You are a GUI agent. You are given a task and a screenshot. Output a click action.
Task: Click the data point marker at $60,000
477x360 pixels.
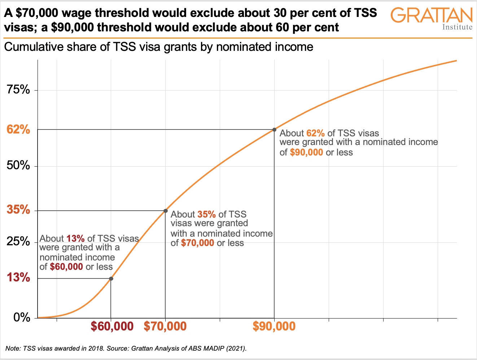click(x=111, y=278)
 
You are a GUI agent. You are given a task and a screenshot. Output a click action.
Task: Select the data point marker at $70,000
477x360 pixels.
click(x=166, y=211)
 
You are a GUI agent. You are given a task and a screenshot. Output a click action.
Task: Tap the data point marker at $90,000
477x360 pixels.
click(x=275, y=129)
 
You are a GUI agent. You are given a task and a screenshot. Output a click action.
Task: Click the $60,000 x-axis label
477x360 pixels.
click(x=112, y=326)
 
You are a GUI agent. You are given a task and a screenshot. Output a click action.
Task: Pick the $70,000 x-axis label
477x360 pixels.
click(x=165, y=326)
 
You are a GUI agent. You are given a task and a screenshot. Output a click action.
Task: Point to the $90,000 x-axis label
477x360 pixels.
click(x=274, y=326)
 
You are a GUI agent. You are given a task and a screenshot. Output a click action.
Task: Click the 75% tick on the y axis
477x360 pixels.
click(x=18, y=90)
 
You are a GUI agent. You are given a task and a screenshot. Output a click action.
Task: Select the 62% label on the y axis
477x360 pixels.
click(x=18, y=129)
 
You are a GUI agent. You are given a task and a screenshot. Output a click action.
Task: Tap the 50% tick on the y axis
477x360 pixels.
click(x=18, y=166)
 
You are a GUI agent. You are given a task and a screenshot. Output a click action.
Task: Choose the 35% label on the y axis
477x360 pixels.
click(x=18, y=210)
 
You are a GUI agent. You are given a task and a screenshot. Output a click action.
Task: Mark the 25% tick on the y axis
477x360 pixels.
click(x=18, y=241)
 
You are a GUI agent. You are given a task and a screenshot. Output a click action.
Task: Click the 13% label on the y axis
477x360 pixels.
click(x=18, y=277)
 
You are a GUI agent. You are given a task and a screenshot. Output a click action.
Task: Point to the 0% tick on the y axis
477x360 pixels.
click(x=22, y=317)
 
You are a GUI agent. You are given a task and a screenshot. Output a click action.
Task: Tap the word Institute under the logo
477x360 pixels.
click(x=457, y=27)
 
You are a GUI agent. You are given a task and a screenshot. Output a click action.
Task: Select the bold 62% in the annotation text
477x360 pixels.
click(x=315, y=133)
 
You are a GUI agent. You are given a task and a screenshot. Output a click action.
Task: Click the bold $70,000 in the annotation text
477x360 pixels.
click(x=198, y=243)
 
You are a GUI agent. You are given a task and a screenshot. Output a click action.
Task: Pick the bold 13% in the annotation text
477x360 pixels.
click(x=75, y=238)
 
